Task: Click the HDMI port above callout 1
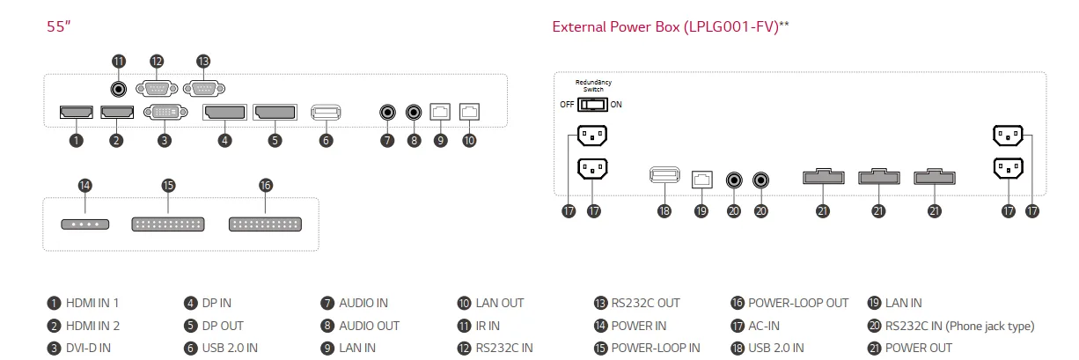click(x=77, y=113)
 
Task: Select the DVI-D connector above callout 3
click(x=165, y=113)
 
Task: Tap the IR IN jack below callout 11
click(x=119, y=88)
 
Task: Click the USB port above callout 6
click(x=327, y=113)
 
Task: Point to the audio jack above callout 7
click(x=387, y=113)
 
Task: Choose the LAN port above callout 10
click(x=470, y=112)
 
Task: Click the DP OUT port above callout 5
click(x=275, y=113)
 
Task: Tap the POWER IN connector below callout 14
click(x=85, y=224)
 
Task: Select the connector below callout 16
click(x=265, y=224)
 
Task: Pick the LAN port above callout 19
click(x=701, y=178)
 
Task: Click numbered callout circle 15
click(x=169, y=186)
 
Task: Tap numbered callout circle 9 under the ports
click(x=441, y=140)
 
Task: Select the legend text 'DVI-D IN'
click(x=88, y=349)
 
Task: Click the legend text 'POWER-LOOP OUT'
click(x=798, y=304)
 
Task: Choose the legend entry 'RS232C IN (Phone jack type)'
click(x=959, y=327)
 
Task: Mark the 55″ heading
click(x=58, y=26)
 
